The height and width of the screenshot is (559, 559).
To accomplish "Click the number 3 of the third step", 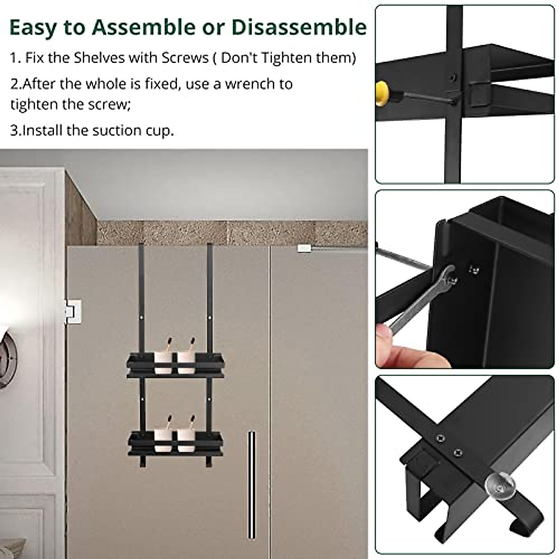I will [x=14, y=130].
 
